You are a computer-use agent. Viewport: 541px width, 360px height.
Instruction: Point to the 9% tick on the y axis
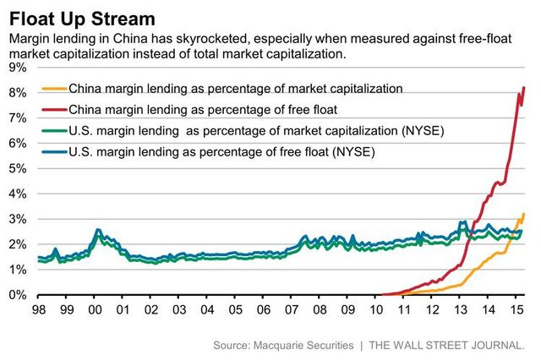[16, 67]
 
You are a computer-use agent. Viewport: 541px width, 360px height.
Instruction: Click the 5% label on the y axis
[16, 168]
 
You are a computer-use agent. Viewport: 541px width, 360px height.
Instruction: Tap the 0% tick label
[16, 295]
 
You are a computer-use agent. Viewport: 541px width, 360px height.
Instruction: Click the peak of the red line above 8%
[524, 88]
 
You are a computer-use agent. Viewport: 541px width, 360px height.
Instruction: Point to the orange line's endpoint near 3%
[524, 214]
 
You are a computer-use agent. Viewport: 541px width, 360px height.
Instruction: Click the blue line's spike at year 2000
[98, 229]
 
